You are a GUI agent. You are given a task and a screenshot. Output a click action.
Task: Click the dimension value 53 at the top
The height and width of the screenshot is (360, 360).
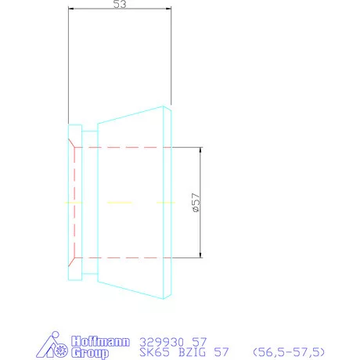[x=120, y=5]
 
